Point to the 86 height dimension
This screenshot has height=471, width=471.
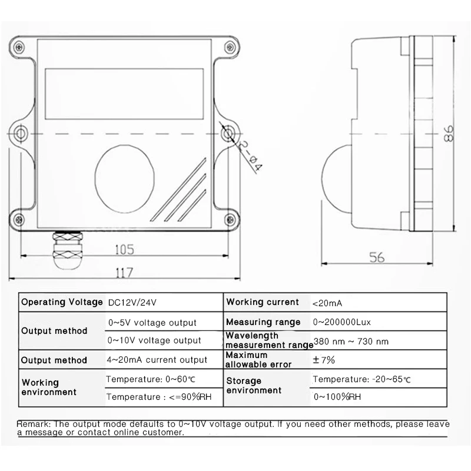pyautogui.click(x=449, y=134)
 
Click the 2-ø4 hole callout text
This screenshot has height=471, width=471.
pyautogui.click(x=250, y=156)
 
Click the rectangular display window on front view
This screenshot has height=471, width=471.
pyautogui.click(x=125, y=87)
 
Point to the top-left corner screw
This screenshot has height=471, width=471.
pyautogui.click(x=20, y=45)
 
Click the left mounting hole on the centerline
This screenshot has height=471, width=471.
pyautogui.click(x=21, y=134)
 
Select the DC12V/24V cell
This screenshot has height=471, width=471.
pyautogui.click(x=132, y=303)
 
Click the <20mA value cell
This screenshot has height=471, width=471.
pyautogui.click(x=327, y=303)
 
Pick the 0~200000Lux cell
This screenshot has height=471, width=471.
pyautogui.click(x=341, y=322)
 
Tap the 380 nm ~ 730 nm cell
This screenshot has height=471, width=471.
pyautogui.click(x=351, y=341)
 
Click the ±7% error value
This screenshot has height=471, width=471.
pyautogui.click(x=323, y=359)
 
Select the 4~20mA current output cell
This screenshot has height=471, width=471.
pyautogui.click(x=157, y=360)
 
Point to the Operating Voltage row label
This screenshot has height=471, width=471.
pyautogui.click(x=61, y=302)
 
